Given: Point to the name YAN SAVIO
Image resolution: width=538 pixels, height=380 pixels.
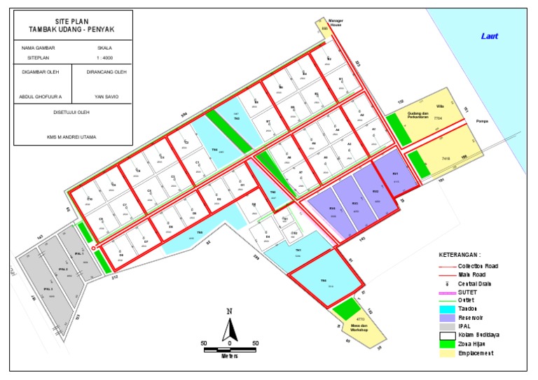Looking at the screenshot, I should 106,97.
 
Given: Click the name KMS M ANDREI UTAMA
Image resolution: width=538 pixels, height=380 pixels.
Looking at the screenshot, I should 72,137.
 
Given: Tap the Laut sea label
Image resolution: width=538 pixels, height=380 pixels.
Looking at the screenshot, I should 489,36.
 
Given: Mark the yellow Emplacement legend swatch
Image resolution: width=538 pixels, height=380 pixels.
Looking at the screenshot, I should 446,353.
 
